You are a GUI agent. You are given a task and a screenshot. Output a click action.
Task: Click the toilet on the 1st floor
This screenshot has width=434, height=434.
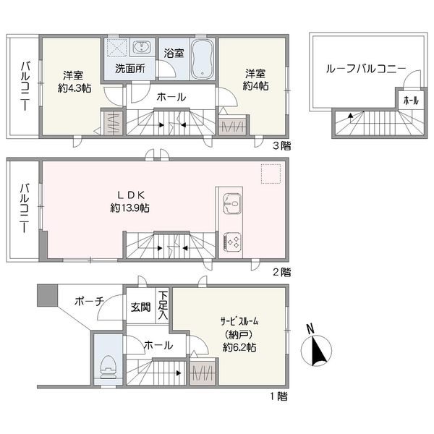pyautogui.click(x=108, y=367)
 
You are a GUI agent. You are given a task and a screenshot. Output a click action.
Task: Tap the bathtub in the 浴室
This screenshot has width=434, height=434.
pyautogui.click(x=203, y=59)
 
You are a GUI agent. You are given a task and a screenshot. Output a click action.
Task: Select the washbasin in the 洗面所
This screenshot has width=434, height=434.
pyautogui.click(x=142, y=46)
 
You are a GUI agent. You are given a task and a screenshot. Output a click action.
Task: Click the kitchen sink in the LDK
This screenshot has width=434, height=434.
pyautogui.click(x=232, y=204)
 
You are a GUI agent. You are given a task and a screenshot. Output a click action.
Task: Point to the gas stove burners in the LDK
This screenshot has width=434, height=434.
pyautogui.click(x=232, y=241)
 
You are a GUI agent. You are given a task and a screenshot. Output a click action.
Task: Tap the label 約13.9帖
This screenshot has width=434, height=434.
pyautogui.click(x=129, y=208)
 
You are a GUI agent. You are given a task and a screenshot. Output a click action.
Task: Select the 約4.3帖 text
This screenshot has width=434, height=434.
pyautogui.click(x=75, y=88)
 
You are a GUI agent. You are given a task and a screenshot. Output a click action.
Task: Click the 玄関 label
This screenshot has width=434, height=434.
pyautogui.click(x=141, y=307)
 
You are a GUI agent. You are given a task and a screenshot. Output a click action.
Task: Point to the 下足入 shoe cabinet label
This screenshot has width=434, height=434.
pyautogui.click(x=163, y=305)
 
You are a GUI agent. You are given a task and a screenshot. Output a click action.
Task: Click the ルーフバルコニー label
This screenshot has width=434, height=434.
pyautogui.click(x=366, y=69)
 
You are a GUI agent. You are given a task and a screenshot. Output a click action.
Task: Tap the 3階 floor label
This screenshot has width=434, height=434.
pyautogui.click(x=282, y=145)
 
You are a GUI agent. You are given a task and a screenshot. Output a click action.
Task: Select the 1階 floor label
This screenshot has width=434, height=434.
pyautogui.click(x=279, y=396)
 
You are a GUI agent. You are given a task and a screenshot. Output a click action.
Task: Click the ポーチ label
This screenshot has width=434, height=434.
pyautogui.click(x=89, y=301)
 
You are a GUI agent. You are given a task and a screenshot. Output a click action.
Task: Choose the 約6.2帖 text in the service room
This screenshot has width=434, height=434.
pyautogui.click(x=239, y=347)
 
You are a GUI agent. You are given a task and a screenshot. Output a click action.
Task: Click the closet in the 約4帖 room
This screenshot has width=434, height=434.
pyautogui.click(x=232, y=127)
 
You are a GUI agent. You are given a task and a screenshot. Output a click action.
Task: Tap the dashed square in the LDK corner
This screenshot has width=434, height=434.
pyautogui.click(x=271, y=174)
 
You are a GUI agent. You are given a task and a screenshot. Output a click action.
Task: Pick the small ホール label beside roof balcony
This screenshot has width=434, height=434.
pyautogui.click(x=411, y=101)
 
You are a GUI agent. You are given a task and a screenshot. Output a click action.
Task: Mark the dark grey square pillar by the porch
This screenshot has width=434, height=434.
pyautogui.click(x=47, y=295)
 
